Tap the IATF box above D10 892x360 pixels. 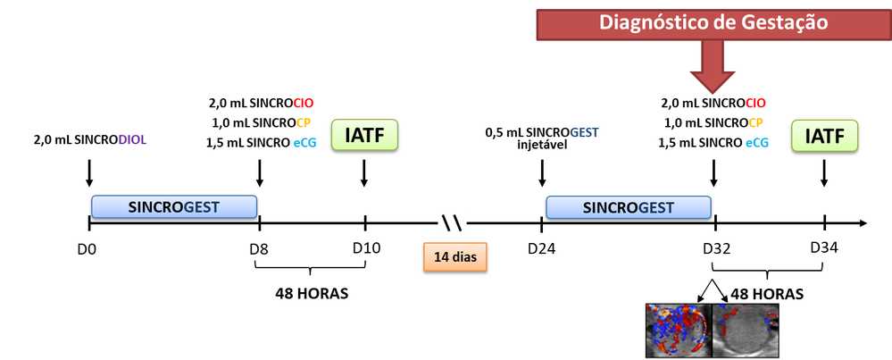pos(363,137)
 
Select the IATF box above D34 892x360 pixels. pos(823,137)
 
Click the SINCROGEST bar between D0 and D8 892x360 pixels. pos(174,207)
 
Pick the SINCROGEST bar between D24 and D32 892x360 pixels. pos(629,207)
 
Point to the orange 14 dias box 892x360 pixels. pos(454,257)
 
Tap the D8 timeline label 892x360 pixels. pos(259,247)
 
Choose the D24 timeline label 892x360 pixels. pos(540,247)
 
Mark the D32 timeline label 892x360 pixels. pos(716,247)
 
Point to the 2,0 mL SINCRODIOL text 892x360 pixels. pos(89,139)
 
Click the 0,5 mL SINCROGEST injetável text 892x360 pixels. pos(541,139)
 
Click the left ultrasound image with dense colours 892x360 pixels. pos(678,330)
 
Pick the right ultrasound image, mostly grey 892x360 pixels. pos(747,330)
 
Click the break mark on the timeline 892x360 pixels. pos(452,222)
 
